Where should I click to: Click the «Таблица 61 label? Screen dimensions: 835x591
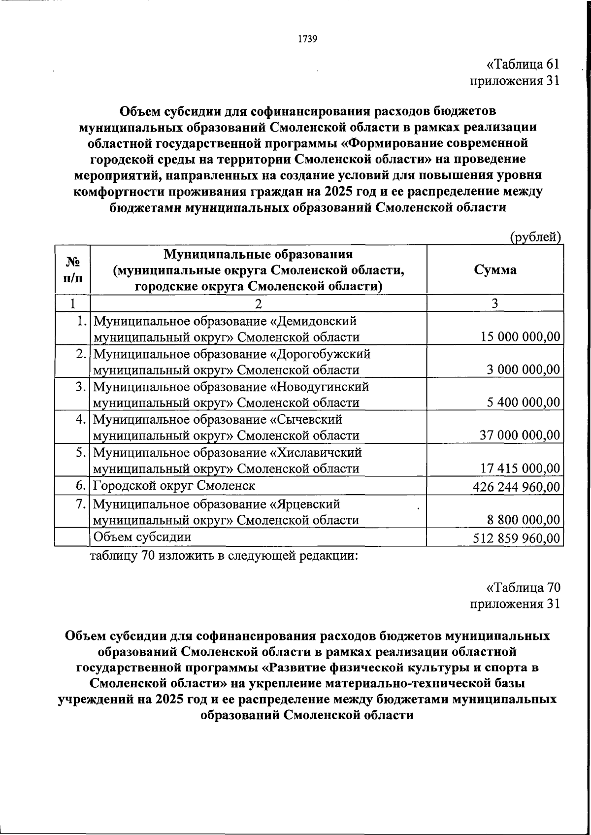click(x=523, y=65)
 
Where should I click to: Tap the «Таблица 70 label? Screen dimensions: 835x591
click(x=523, y=588)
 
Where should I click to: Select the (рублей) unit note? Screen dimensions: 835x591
click(x=535, y=237)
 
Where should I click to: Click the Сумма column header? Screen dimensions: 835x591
click(x=495, y=269)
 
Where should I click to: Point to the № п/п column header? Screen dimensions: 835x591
click(x=72, y=269)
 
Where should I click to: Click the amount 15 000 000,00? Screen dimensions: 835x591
click(x=520, y=337)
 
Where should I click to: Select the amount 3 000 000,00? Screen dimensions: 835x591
click(x=524, y=369)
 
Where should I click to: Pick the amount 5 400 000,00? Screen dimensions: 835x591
click(x=524, y=402)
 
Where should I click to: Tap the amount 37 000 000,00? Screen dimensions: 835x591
click(x=520, y=435)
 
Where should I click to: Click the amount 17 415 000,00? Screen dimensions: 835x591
click(x=520, y=468)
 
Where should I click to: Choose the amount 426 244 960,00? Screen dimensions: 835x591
click(x=516, y=487)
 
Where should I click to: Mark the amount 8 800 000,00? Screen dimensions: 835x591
click(x=524, y=520)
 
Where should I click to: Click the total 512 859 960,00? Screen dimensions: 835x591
click(x=516, y=538)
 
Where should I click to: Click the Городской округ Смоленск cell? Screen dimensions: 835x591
click(x=174, y=486)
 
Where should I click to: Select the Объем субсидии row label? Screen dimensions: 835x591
click(x=142, y=537)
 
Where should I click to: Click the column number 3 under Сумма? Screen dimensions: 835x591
click(x=494, y=303)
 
